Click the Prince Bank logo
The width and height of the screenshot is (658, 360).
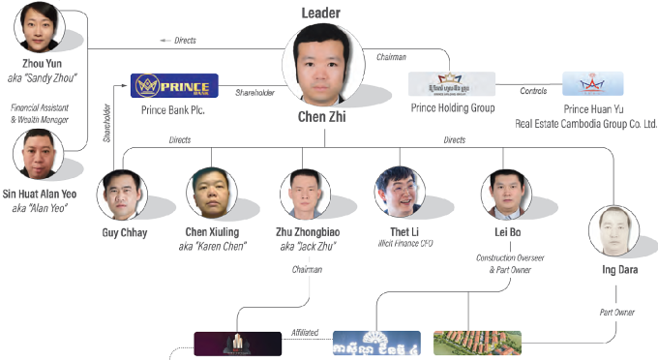[x=174, y=84]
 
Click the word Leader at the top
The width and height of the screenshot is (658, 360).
[x=321, y=13]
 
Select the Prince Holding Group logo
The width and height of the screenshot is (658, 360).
[x=451, y=83]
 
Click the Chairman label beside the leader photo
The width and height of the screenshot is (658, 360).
[x=391, y=58]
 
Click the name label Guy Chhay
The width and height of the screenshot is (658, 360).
[x=124, y=232]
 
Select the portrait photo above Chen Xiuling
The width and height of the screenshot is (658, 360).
[x=213, y=193]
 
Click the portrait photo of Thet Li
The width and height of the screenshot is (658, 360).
[x=401, y=192]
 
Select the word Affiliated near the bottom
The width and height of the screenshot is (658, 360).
[x=305, y=332]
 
